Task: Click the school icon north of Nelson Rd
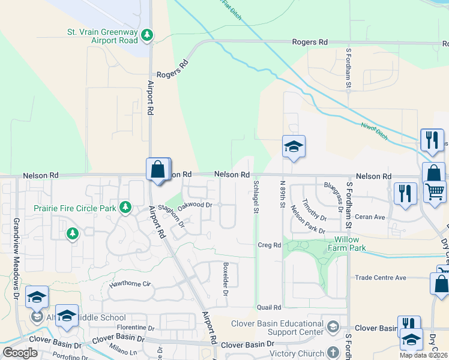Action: (x=293, y=147)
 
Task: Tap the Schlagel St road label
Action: (x=256, y=196)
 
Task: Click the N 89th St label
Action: (x=282, y=193)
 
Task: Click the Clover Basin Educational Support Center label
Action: (x=278, y=328)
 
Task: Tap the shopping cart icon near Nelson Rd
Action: (x=435, y=191)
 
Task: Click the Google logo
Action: (x=20, y=353)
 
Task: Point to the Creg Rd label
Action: (x=269, y=245)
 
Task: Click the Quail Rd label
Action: (x=268, y=307)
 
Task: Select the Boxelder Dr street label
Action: (x=226, y=279)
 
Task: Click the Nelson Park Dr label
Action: (x=307, y=220)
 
